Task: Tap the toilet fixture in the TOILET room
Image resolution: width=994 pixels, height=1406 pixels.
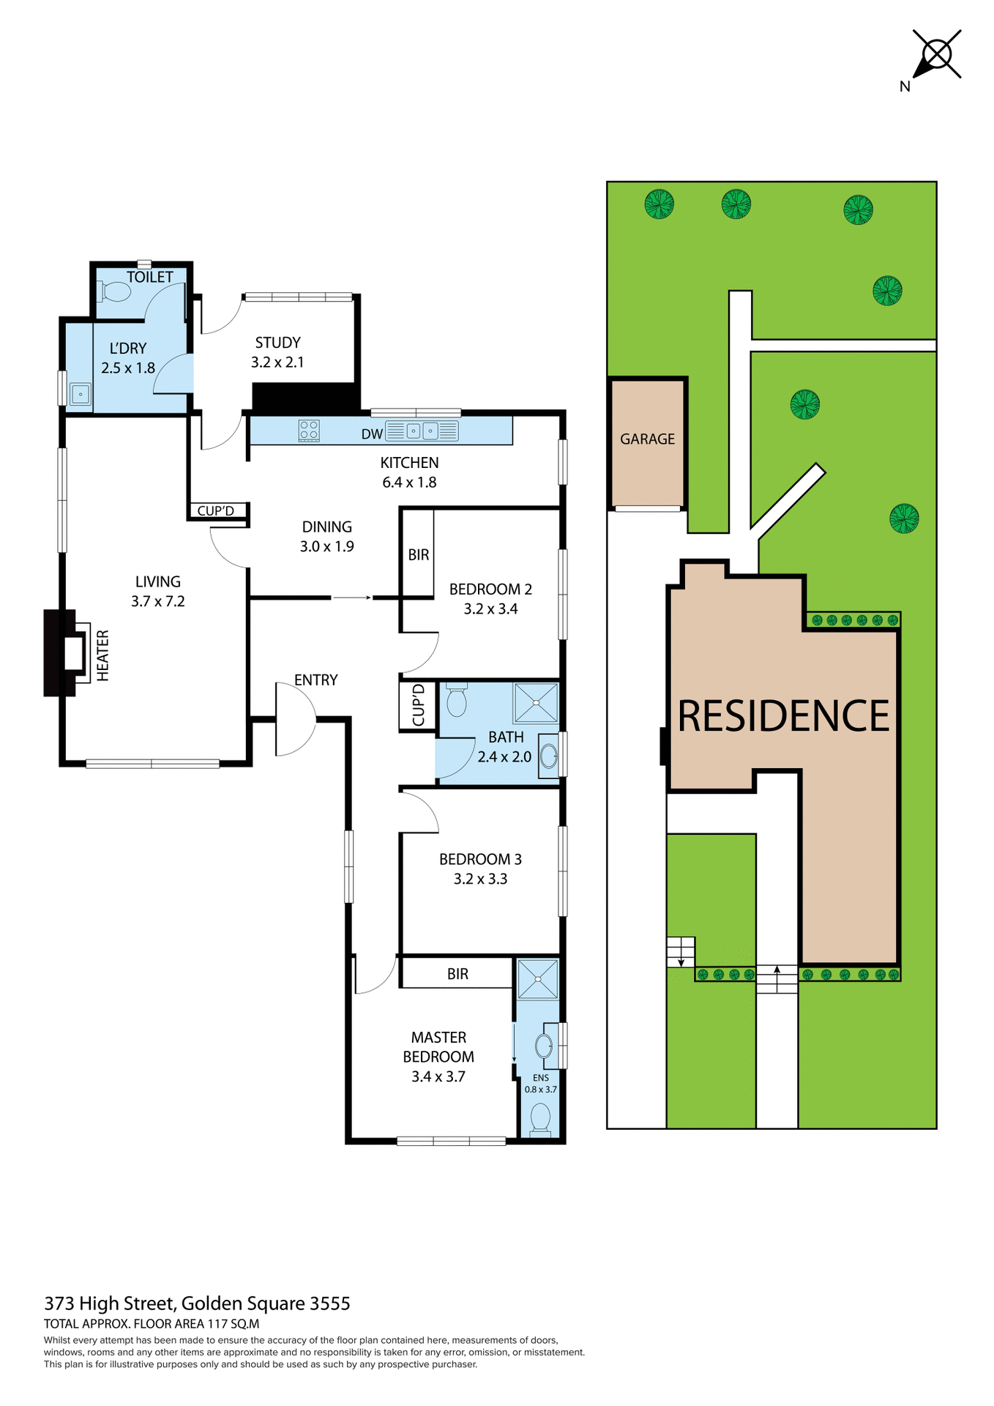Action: pos(115,292)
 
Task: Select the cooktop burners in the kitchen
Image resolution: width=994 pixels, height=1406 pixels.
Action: pos(309,430)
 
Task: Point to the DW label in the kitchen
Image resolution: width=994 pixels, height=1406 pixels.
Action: pos(372,434)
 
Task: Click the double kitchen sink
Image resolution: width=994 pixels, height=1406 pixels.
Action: pos(422,431)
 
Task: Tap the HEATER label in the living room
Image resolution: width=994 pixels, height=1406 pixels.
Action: pos(103,655)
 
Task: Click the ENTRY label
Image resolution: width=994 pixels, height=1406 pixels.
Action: pos(315,680)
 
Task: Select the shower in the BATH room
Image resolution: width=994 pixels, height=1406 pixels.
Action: pos(536,702)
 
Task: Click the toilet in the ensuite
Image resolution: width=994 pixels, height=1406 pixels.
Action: pos(540,1119)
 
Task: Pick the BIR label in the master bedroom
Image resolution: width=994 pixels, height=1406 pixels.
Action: pos(457,974)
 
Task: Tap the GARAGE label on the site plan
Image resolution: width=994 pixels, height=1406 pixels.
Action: pos(647,439)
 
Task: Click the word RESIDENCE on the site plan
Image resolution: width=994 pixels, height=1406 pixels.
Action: pos(782,716)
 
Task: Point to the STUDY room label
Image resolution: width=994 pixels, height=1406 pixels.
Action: pos(277,343)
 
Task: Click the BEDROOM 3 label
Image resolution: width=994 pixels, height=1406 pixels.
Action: pos(480,859)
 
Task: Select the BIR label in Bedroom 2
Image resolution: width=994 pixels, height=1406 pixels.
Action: pos(418,555)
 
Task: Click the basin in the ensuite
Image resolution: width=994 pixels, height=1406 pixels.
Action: pos(544,1046)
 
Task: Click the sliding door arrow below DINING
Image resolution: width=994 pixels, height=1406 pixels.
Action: pos(352,598)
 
